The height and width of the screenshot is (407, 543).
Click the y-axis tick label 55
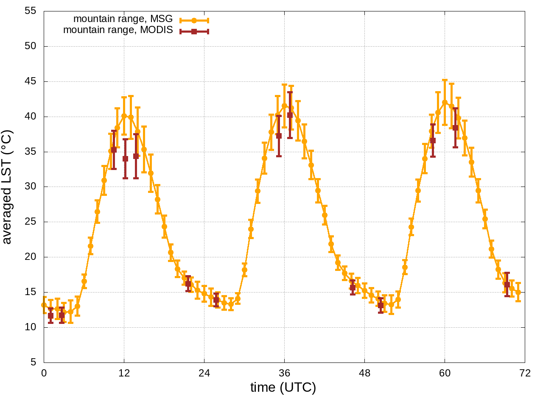point(31,11)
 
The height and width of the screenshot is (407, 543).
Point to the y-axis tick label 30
point(31,187)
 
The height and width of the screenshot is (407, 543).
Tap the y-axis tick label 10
point(31,327)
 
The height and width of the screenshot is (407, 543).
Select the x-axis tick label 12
point(124,374)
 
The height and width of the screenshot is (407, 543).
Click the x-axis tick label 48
point(364,374)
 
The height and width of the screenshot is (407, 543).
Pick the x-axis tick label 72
point(525,374)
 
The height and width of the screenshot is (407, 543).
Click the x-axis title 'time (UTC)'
point(283,387)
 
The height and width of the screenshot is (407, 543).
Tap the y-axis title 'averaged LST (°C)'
point(8,187)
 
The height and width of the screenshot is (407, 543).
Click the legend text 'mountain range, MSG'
point(123,19)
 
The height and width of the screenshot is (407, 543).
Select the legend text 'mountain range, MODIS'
point(118,30)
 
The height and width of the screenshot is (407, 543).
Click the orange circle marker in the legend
point(194,20)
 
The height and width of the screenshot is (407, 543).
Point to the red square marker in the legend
point(194,31)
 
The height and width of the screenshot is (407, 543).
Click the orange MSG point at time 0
point(44,305)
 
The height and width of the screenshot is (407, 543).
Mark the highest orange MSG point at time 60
point(445,102)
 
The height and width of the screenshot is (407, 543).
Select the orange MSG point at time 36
point(284,106)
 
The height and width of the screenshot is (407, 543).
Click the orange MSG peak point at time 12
point(124,116)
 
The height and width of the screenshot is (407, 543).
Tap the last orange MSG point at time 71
point(518,292)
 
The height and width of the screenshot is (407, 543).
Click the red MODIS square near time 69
point(507,284)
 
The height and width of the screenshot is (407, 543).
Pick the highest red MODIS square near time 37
point(290,115)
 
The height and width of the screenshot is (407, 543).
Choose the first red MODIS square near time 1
point(51,315)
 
